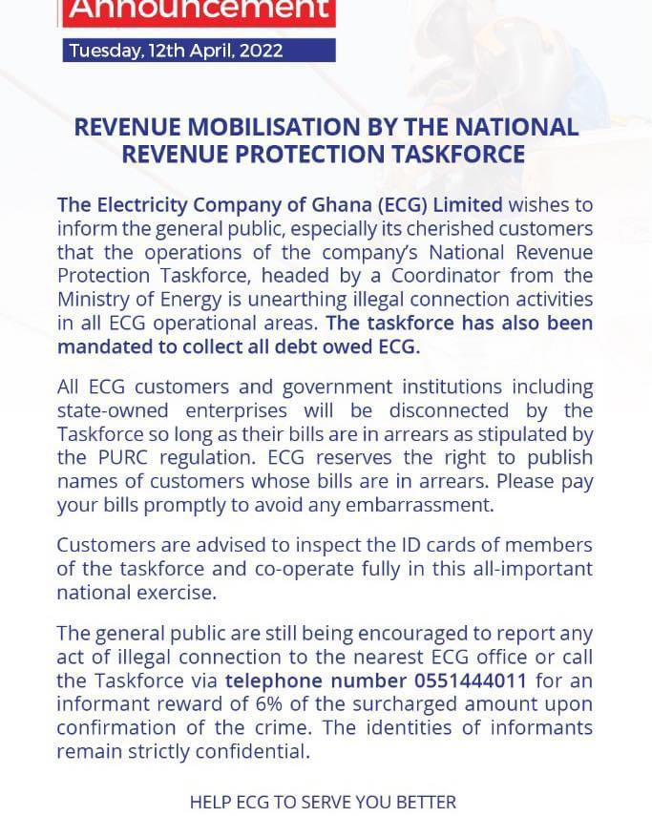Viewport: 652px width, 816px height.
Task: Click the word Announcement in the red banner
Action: click(x=200, y=10)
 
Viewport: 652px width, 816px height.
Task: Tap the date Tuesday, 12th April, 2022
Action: click(x=176, y=51)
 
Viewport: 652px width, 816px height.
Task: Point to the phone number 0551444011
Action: click(x=469, y=680)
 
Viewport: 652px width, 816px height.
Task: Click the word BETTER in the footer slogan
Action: click(x=422, y=802)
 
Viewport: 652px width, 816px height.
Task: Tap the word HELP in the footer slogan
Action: click(x=211, y=802)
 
